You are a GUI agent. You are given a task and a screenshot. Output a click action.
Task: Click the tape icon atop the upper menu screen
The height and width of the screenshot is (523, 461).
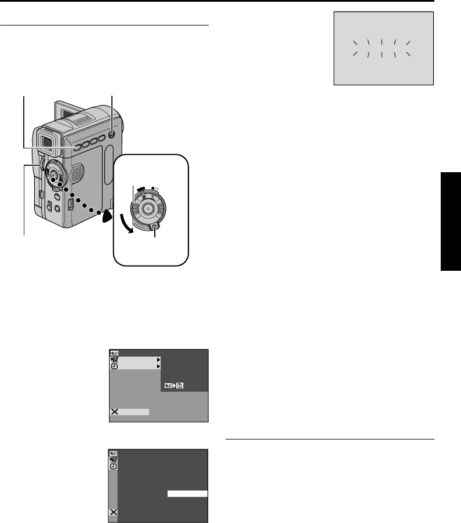[x=114, y=353]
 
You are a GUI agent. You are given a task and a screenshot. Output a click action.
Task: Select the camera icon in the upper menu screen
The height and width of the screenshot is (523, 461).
[x=114, y=359]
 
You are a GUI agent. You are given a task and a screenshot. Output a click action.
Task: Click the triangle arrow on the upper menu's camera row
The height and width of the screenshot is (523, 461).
[x=158, y=360]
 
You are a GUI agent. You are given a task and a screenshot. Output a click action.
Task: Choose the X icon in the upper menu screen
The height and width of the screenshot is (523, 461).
[x=114, y=412]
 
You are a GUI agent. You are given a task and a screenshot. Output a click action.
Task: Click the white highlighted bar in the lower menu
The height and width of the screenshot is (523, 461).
[x=187, y=493]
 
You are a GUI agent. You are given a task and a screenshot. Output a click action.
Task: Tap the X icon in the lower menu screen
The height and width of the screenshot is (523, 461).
[x=114, y=513]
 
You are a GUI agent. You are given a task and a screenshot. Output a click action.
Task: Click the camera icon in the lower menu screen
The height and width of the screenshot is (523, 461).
[x=114, y=459]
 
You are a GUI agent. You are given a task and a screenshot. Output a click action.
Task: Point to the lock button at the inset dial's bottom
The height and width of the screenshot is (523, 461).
[x=155, y=227]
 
